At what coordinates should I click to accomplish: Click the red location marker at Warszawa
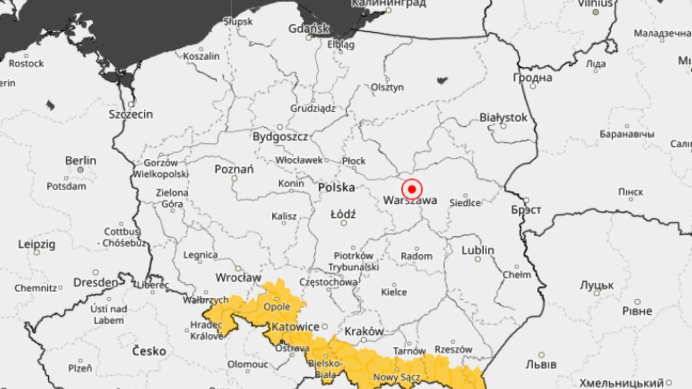pyautogui.click(x=412, y=189)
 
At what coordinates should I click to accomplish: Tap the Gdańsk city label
pyautogui.click(x=309, y=28)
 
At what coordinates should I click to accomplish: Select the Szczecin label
pyautogui.click(x=131, y=114)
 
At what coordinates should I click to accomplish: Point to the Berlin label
pyautogui.click(x=81, y=160)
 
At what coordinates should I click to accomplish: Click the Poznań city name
pyautogui.click(x=234, y=169)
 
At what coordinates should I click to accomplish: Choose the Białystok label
pyautogui.click(x=503, y=118)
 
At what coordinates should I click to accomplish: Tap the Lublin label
pyautogui.click(x=478, y=250)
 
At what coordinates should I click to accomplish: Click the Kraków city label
pyautogui.click(x=364, y=331)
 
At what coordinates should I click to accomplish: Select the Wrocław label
pyautogui.click(x=238, y=277)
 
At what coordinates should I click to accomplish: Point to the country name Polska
pyautogui.click(x=336, y=187)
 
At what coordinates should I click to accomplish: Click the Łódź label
pyautogui.click(x=343, y=214)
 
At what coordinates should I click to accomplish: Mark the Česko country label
pyautogui.click(x=149, y=351)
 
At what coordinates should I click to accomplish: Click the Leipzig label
pyautogui.click(x=37, y=244)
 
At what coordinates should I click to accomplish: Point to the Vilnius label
pyautogui.click(x=595, y=3)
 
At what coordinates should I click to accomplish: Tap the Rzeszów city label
pyautogui.click(x=454, y=349)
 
